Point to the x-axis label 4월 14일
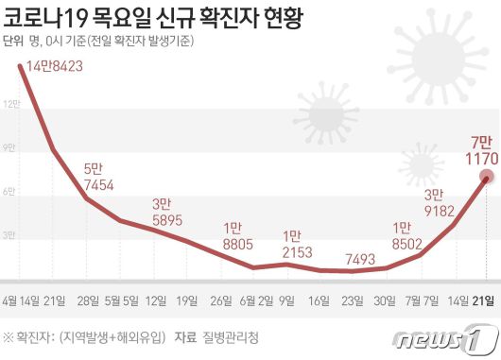pyautogui.click(x=22, y=301)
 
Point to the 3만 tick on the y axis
pyautogui.click(x=8, y=234)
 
